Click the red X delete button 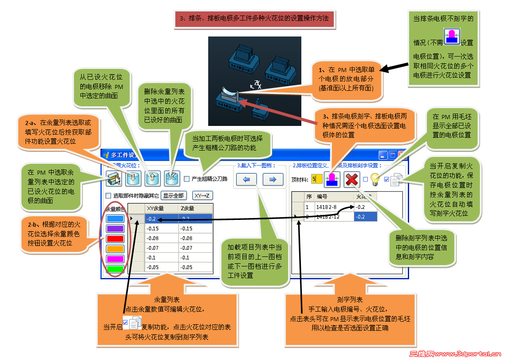(x=351, y=179)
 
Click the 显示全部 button (x=174, y=196)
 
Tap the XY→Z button (x=202, y=196)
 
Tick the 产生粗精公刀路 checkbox (x=187, y=179)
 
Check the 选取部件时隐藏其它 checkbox (x=108, y=196)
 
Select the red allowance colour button (x=115, y=239)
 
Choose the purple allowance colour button (x=115, y=229)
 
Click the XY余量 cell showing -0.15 (x=161, y=229)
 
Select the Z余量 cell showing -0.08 (x=195, y=238)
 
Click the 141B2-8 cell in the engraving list (x=334, y=207)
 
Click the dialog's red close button (x=402, y=155)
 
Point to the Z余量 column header (x=195, y=209)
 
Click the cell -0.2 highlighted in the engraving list (x=365, y=217)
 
